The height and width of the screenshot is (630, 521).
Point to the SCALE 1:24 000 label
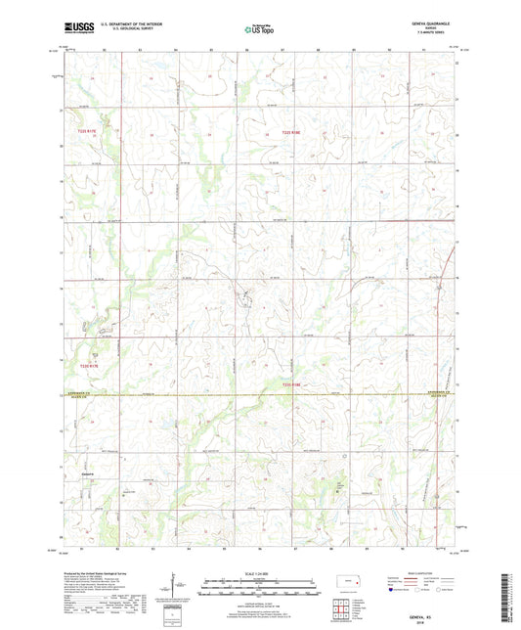(x=260, y=573)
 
